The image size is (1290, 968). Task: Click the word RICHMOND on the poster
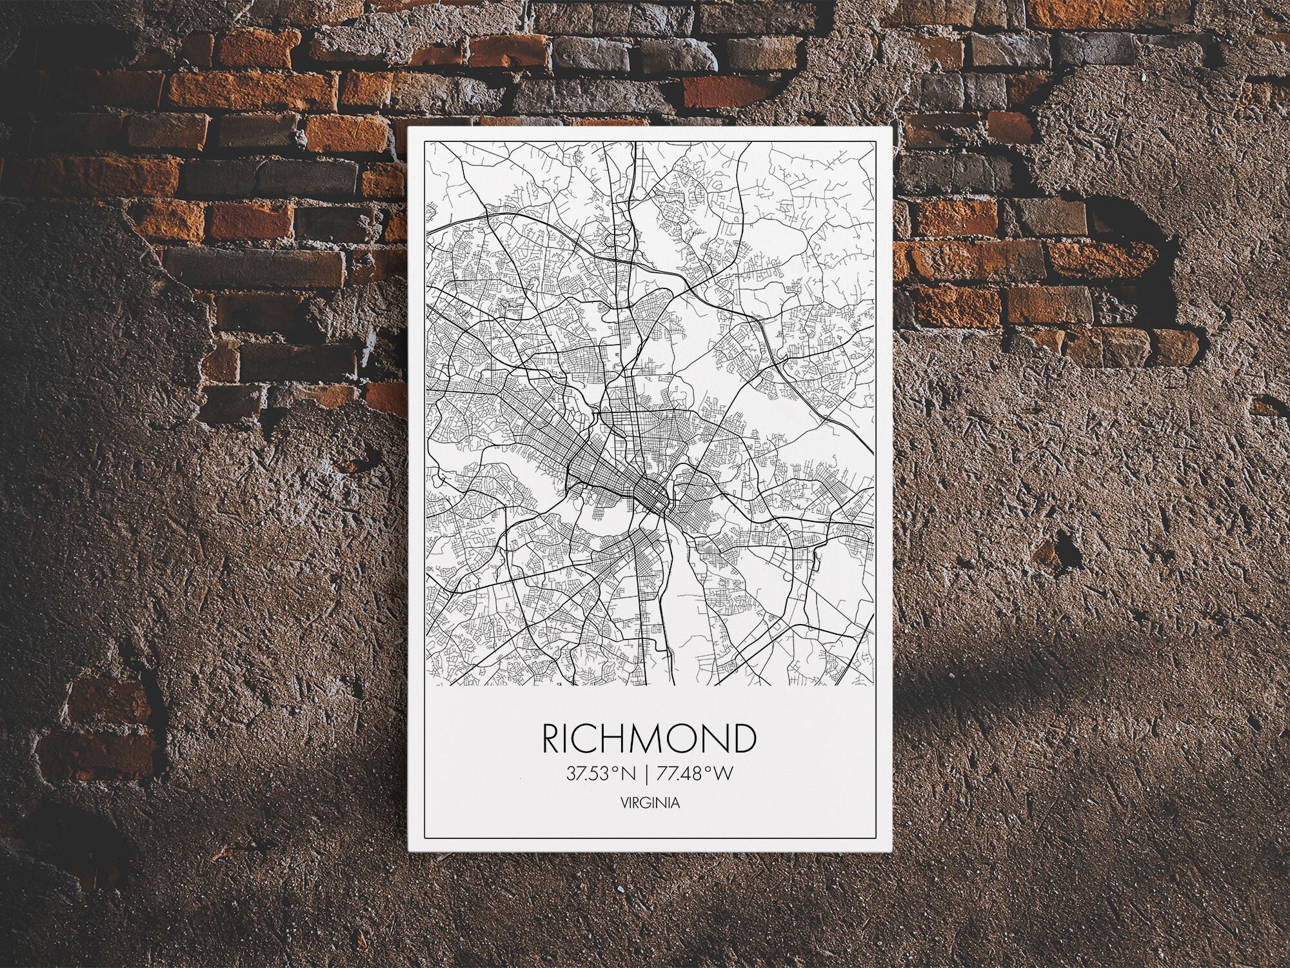(649, 739)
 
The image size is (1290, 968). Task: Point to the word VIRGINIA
(649, 803)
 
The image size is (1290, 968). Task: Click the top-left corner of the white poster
(409, 128)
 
